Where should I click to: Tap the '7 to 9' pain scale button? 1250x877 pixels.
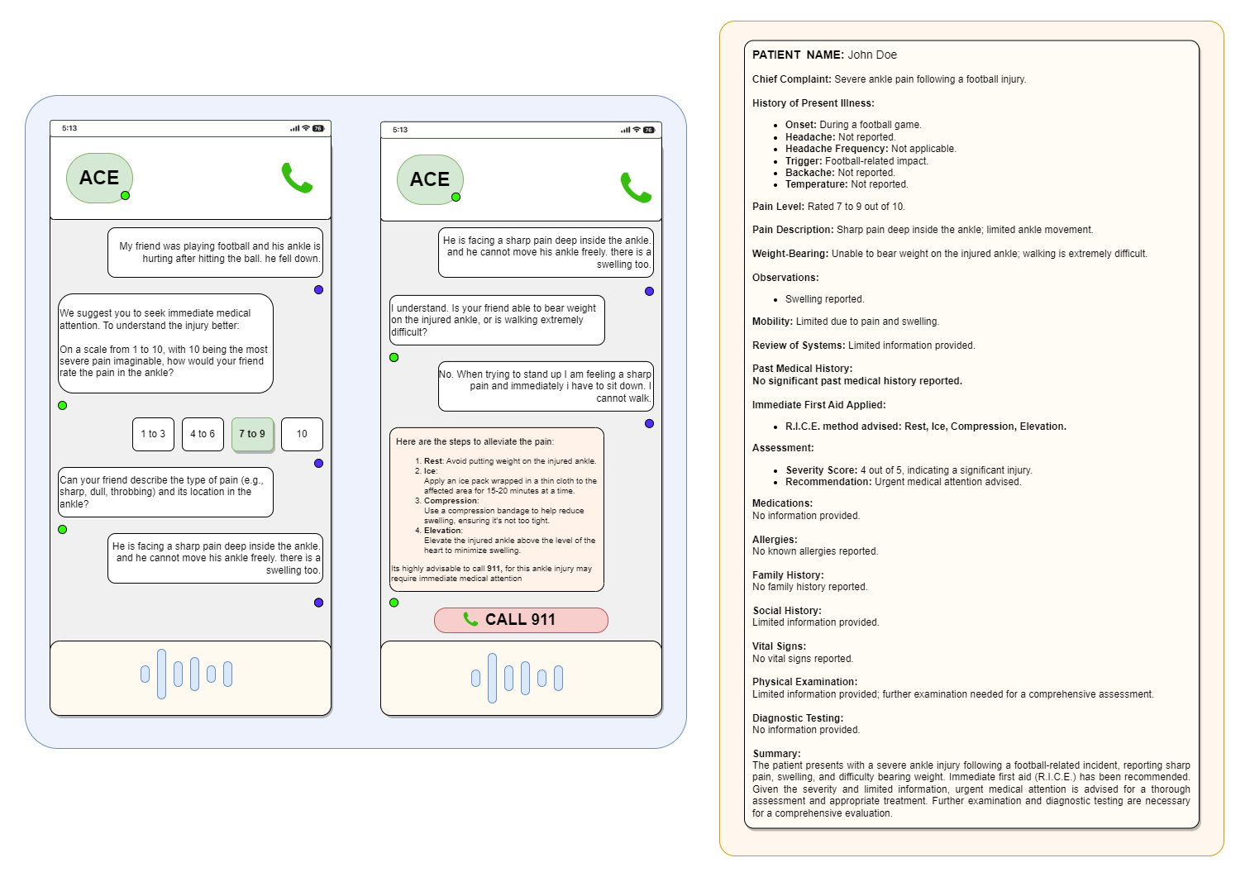pyautogui.click(x=252, y=434)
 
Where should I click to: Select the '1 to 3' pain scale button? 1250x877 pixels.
pyautogui.click(x=153, y=434)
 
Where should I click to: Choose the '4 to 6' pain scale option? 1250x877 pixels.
pyautogui.click(x=203, y=434)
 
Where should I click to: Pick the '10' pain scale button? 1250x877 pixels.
pyautogui.click(x=302, y=434)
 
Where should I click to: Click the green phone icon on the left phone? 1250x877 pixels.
pyautogui.click(x=297, y=178)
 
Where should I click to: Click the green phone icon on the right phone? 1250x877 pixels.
pyautogui.click(x=636, y=187)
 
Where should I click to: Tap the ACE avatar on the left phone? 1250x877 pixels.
pyautogui.click(x=99, y=178)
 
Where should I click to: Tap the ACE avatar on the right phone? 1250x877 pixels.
pyautogui.click(x=430, y=179)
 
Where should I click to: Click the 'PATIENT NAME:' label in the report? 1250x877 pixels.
pyautogui.click(x=798, y=55)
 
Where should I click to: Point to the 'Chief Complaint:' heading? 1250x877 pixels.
pyautogui.click(x=791, y=79)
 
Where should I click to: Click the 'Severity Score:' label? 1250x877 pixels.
pyautogui.click(x=821, y=470)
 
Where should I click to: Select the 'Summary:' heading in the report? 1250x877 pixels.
pyautogui.click(x=776, y=754)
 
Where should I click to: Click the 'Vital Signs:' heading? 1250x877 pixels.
pyautogui.click(x=779, y=646)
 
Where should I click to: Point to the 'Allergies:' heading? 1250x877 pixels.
pyautogui.click(x=775, y=540)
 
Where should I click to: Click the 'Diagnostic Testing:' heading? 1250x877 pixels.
pyautogui.click(x=798, y=718)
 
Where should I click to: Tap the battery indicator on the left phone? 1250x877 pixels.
pyautogui.click(x=318, y=128)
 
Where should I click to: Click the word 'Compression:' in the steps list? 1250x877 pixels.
pyautogui.click(x=451, y=501)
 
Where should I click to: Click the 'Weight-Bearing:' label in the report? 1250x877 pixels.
pyautogui.click(x=790, y=254)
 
